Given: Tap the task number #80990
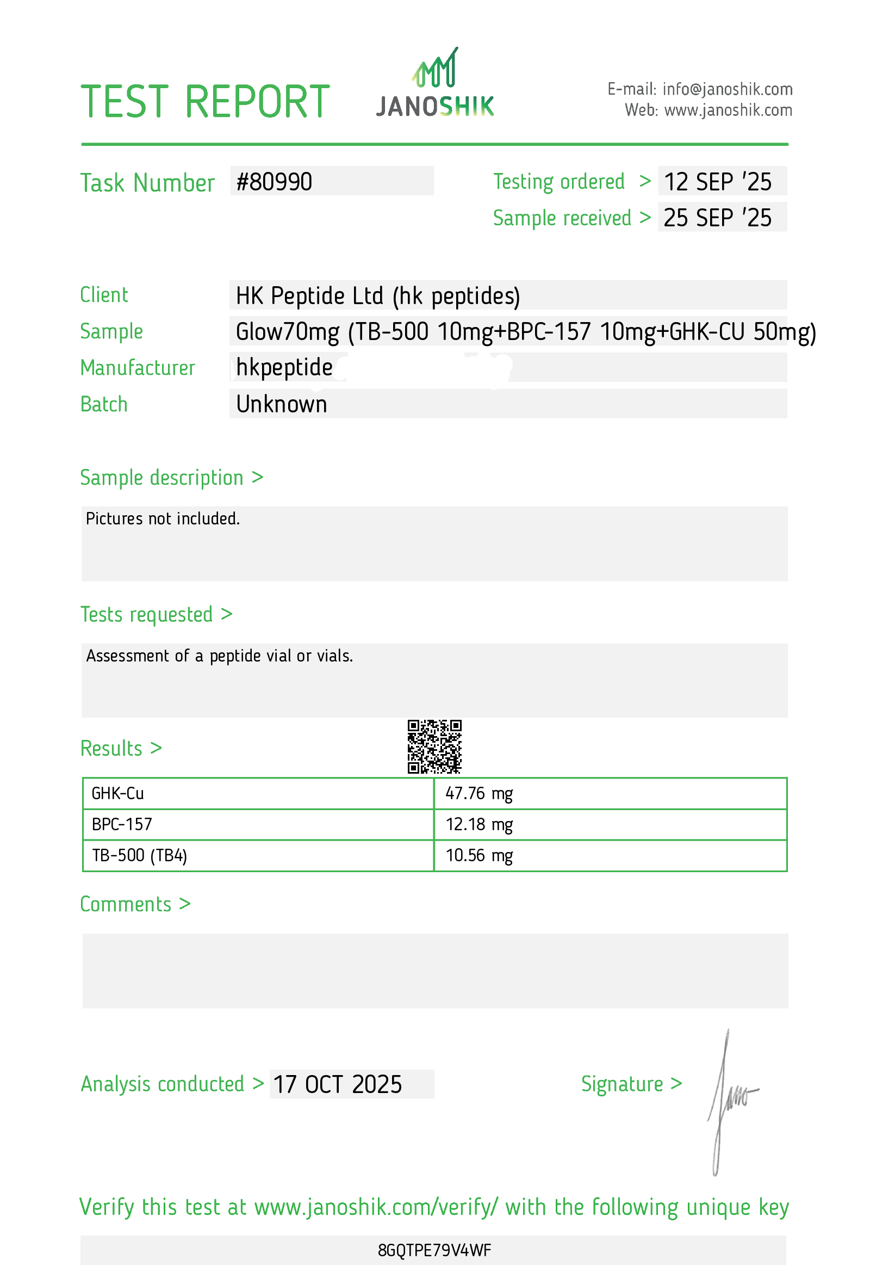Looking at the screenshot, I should (275, 182).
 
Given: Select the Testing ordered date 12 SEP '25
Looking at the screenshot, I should (717, 182).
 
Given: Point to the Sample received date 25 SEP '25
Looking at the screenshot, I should (717, 218).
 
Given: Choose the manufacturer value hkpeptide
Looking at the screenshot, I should (284, 367).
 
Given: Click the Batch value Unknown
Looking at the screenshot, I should (282, 404).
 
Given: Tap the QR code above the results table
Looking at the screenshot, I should (434, 746).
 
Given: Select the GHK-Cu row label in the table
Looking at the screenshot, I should (117, 794).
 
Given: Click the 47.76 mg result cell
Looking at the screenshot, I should (479, 794).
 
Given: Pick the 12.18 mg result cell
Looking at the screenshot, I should (479, 825).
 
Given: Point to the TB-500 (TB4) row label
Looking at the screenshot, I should (139, 856).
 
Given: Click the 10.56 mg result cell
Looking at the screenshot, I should (479, 856).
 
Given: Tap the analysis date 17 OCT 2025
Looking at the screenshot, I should (337, 1084).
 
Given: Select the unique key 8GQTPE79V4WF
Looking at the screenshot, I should (434, 1250).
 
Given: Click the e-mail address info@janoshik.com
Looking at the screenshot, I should (727, 89).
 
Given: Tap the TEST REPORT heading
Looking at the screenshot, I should (206, 102).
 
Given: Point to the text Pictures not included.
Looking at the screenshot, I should (163, 519).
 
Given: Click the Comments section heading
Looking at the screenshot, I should (135, 904).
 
